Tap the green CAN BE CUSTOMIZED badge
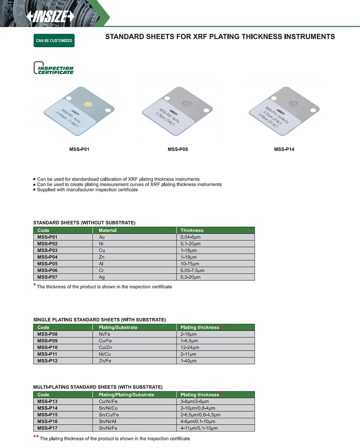coord(54,41)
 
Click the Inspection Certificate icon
coord(54,68)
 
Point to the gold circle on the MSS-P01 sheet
coord(88,104)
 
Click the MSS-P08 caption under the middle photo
coord(178,149)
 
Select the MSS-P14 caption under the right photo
coord(284,149)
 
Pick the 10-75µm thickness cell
coord(190,264)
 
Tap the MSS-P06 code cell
coord(48,270)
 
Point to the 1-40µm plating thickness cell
coord(189,361)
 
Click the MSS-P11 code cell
coord(48,354)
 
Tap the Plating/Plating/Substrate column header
coord(126,395)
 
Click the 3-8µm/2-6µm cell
coord(195,401)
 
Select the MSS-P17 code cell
coord(48,428)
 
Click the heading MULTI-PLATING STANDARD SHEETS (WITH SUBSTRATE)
coord(98,387)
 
